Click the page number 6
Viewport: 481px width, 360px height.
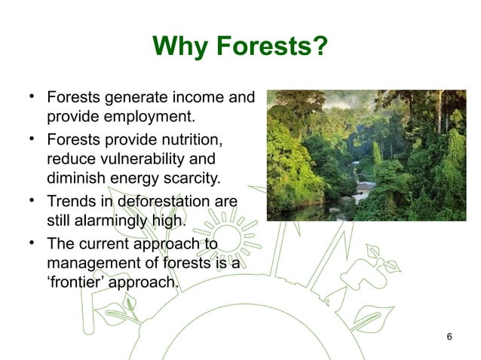449,335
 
